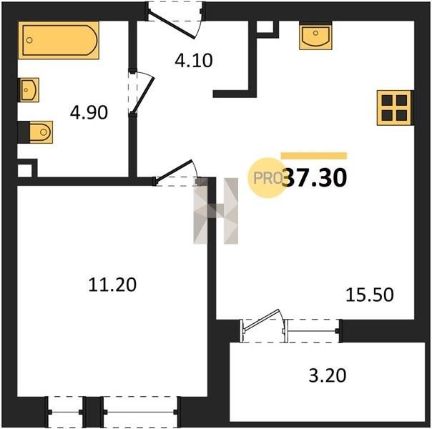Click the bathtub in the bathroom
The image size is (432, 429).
click(59, 40)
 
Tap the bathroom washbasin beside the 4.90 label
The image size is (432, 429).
click(29, 90)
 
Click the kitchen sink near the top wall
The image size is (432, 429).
click(315, 36)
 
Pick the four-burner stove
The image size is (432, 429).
click(395, 108)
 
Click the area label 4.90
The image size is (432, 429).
click(89, 113)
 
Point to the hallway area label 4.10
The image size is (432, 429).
click(194, 61)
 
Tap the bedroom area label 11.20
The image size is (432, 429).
click(112, 285)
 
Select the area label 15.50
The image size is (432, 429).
click(370, 295)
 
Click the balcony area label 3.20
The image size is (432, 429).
click(328, 375)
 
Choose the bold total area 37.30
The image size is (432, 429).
click(316, 178)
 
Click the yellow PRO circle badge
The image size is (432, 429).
click(267, 178)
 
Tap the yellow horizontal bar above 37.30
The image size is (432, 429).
click(314, 156)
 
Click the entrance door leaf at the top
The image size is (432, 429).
click(171, 25)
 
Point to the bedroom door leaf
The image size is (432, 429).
click(174, 172)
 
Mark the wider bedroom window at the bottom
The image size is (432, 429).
click(140, 412)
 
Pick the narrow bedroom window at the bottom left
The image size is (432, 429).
click(65, 412)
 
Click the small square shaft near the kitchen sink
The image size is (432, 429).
click(265, 27)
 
